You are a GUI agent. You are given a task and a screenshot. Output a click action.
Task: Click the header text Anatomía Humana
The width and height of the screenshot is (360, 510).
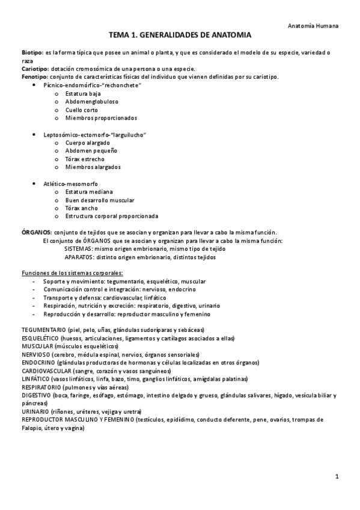click(314, 26)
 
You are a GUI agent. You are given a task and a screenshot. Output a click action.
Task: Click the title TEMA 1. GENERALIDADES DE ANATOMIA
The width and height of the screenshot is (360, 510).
click(180, 36)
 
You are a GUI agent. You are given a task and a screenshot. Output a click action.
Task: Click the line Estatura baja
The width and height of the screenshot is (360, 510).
click(84, 94)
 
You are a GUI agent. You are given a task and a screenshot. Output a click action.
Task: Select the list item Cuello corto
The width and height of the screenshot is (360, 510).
click(82, 110)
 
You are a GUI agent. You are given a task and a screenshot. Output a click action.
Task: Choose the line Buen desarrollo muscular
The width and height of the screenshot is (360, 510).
click(100, 200)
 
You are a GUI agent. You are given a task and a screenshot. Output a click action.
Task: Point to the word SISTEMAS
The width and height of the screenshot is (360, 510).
click(78, 248)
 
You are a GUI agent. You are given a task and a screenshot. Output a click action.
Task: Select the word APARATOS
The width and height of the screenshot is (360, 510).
click(79, 257)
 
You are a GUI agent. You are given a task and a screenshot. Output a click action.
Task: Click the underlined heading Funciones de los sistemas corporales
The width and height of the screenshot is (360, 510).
click(72, 273)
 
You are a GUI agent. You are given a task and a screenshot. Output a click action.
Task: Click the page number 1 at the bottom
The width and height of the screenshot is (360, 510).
click(337, 477)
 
